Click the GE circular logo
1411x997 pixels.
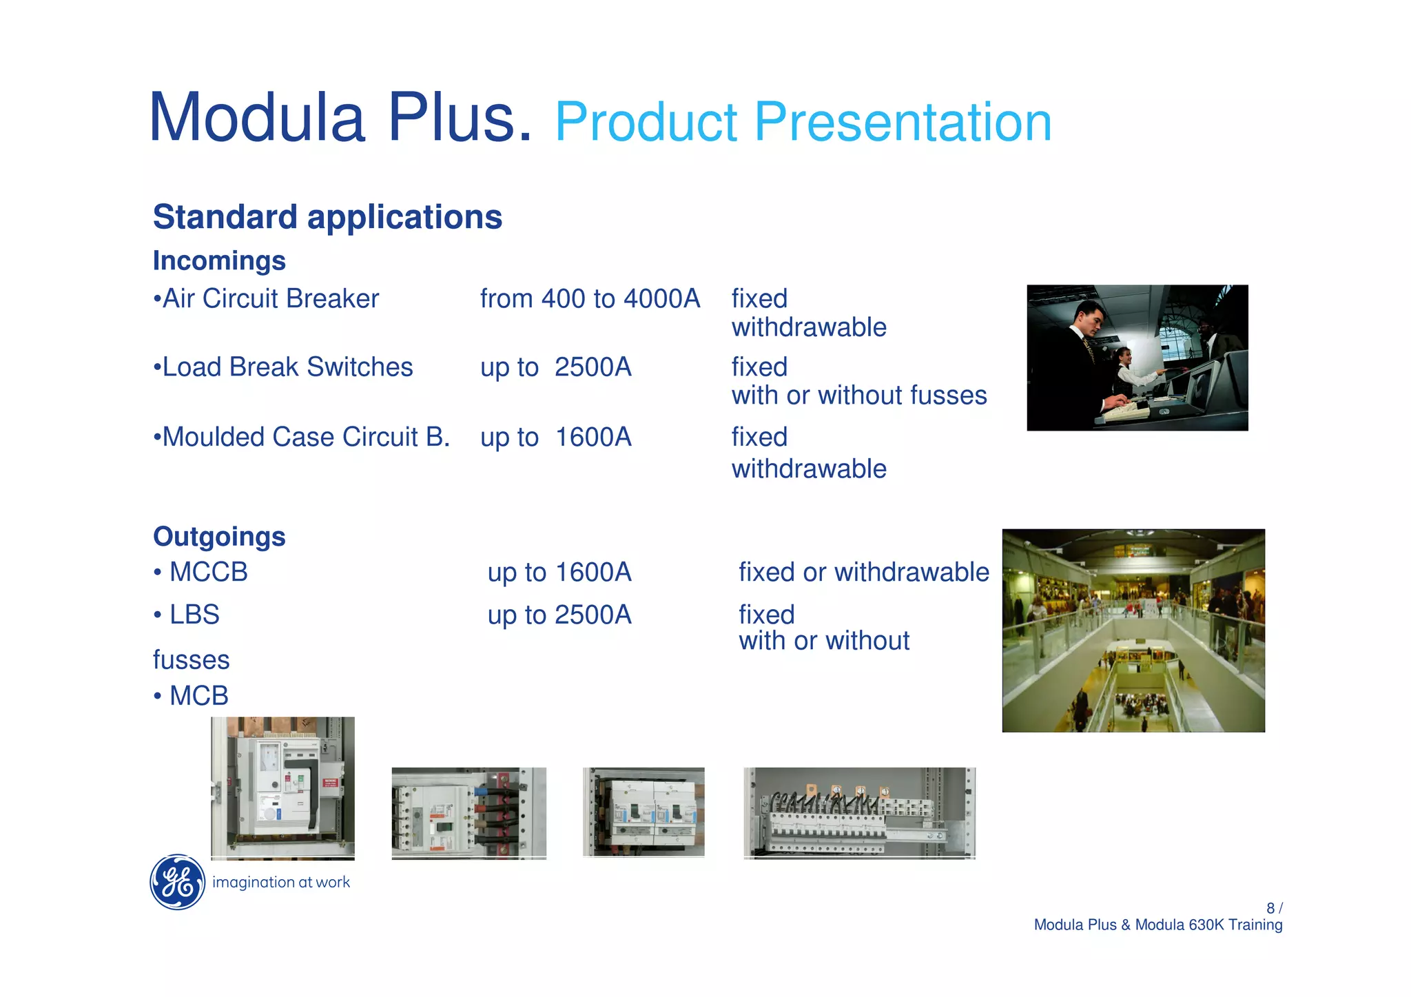[177, 882]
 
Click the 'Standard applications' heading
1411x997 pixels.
[327, 217]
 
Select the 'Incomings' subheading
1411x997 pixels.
[219, 261]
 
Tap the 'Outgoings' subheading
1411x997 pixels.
[219, 537]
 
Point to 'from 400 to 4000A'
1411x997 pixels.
[590, 299]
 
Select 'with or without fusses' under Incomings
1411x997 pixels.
[858, 395]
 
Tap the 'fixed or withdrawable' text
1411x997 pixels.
[863, 573]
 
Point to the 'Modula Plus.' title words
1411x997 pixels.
[340, 118]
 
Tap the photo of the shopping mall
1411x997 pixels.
[1133, 630]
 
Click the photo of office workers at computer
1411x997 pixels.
[1137, 358]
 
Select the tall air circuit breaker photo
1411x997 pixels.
[282, 788]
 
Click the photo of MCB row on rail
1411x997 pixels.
[859, 813]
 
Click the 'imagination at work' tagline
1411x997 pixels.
[281, 883]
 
